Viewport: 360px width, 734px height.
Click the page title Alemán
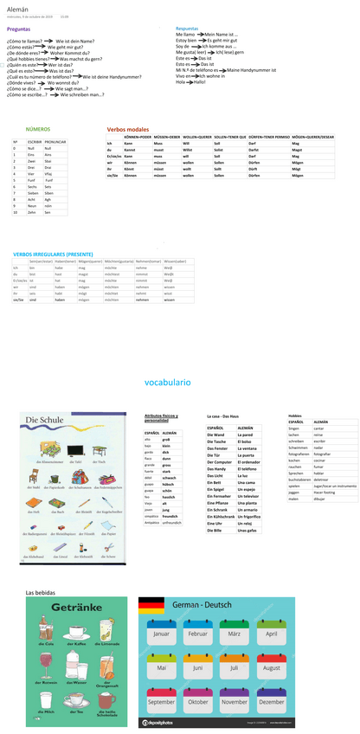tap(18, 8)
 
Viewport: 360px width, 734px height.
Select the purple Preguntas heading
tap(18, 29)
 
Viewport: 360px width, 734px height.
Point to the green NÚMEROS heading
tap(38, 128)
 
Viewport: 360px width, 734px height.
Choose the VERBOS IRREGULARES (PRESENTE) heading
tap(53, 254)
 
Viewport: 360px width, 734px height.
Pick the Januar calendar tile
tap(162, 634)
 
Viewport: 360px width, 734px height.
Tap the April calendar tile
tap(272, 634)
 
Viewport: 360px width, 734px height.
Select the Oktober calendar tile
tap(198, 701)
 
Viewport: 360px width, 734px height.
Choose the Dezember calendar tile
tap(272, 701)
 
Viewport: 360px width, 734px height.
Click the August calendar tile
tap(272, 667)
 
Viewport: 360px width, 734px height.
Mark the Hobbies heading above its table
tap(295, 415)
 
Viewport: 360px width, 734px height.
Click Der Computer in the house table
tap(220, 462)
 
